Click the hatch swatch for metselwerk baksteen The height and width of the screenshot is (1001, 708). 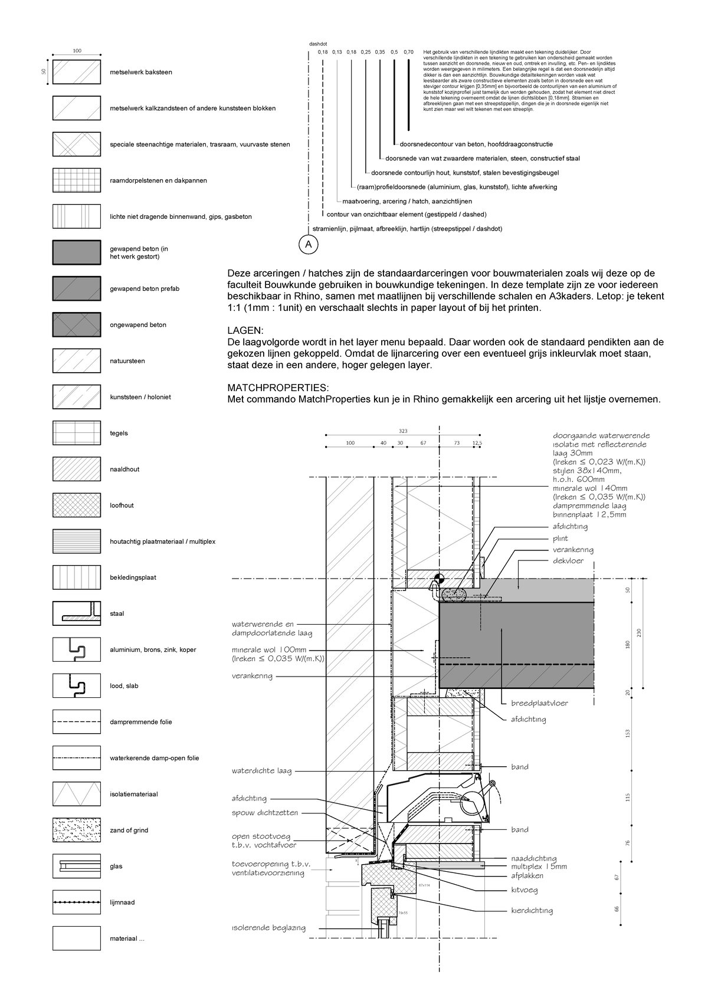(x=76, y=72)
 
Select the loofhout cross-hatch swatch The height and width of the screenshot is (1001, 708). (x=76, y=506)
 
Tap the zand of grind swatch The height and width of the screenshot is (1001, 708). (x=76, y=831)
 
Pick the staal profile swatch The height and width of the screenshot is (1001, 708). (x=76, y=613)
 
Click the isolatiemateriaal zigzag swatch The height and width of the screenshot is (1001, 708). (x=76, y=795)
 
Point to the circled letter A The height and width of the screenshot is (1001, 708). (x=308, y=244)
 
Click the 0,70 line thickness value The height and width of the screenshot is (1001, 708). (x=409, y=52)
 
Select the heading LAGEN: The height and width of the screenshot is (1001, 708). (x=246, y=330)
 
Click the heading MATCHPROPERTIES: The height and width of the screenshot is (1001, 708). (x=278, y=388)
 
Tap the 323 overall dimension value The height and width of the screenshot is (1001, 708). (x=403, y=432)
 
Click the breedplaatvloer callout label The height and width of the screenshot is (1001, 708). (x=539, y=703)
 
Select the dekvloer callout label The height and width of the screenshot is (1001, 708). (x=568, y=560)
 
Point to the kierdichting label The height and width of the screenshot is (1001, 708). (x=532, y=910)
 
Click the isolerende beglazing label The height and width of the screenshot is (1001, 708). (x=268, y=928)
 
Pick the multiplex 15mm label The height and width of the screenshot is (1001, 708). (x=539, y=867)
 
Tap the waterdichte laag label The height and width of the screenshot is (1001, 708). (x=261, y=770)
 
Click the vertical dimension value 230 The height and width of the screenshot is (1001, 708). (x=639, y=633)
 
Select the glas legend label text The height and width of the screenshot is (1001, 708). (x=116, y=867)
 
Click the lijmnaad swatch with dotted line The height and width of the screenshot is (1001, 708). (x=76, y=902)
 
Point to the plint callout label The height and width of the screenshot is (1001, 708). (x=560, y=538)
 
